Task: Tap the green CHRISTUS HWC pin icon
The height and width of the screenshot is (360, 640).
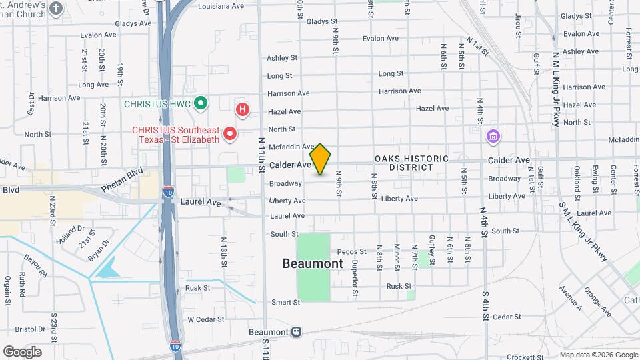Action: pos(201,104)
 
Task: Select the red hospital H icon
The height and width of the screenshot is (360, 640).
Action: pos(243,109)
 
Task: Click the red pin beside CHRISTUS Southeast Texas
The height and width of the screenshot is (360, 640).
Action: pos(231,134)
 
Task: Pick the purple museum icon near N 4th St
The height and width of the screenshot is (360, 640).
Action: pos(494,137)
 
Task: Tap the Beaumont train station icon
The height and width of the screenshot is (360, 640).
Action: pos(296,332)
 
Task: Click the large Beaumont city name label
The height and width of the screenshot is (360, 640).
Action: pos(313,263)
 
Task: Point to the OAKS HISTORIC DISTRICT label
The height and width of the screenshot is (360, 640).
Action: pos(405,163)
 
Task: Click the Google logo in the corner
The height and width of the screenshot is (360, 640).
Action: pos(22,352)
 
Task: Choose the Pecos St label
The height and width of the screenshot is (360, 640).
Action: pos(352,252)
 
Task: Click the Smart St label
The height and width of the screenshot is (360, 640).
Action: pos(285,302)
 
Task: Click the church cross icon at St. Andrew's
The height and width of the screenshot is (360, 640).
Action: pos(56,9)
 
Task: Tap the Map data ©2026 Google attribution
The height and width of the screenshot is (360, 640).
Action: pos(598,355)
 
